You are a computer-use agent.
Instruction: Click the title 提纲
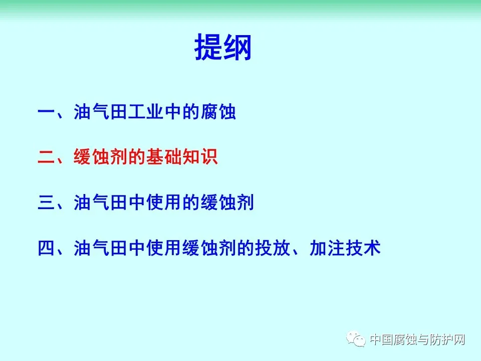[x=223, y=47]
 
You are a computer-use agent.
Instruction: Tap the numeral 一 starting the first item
[x=46, y=112]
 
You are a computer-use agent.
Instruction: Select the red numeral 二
[x=46, y=157]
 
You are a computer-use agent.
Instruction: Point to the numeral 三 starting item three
[x=46, y=203]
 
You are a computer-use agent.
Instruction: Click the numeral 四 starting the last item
[x=46, y=248]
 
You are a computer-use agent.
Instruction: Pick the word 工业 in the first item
[x=145, y=112]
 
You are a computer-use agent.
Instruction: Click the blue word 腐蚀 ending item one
[x=218, y=112]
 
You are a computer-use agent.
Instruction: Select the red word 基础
[x=163, y=157]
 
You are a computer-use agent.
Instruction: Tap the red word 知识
[x=200, y=157]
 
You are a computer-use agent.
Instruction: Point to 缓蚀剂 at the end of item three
[x=227, y=203]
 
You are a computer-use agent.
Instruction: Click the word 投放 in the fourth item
[x=273, y=248]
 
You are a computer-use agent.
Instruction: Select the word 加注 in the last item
[x=327, y=248]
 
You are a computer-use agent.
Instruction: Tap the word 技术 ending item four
[x=363, y=248]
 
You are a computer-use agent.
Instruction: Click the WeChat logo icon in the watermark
[x=356, y=339]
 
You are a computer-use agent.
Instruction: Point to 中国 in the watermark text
[x=382, y=339]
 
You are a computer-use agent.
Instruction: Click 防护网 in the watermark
[x=447, y=339]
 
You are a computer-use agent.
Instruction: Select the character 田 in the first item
[x=118, y=112]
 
